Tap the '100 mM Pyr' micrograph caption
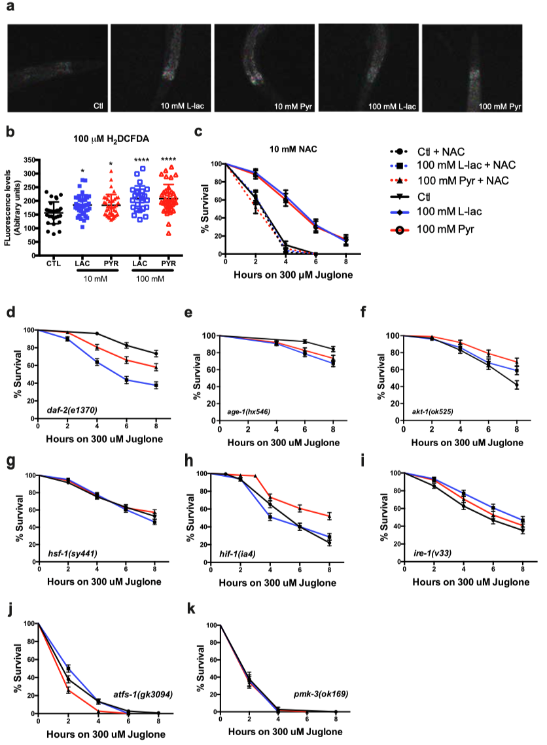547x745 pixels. (500, 105)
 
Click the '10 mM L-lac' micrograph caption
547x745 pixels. (182, 105)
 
